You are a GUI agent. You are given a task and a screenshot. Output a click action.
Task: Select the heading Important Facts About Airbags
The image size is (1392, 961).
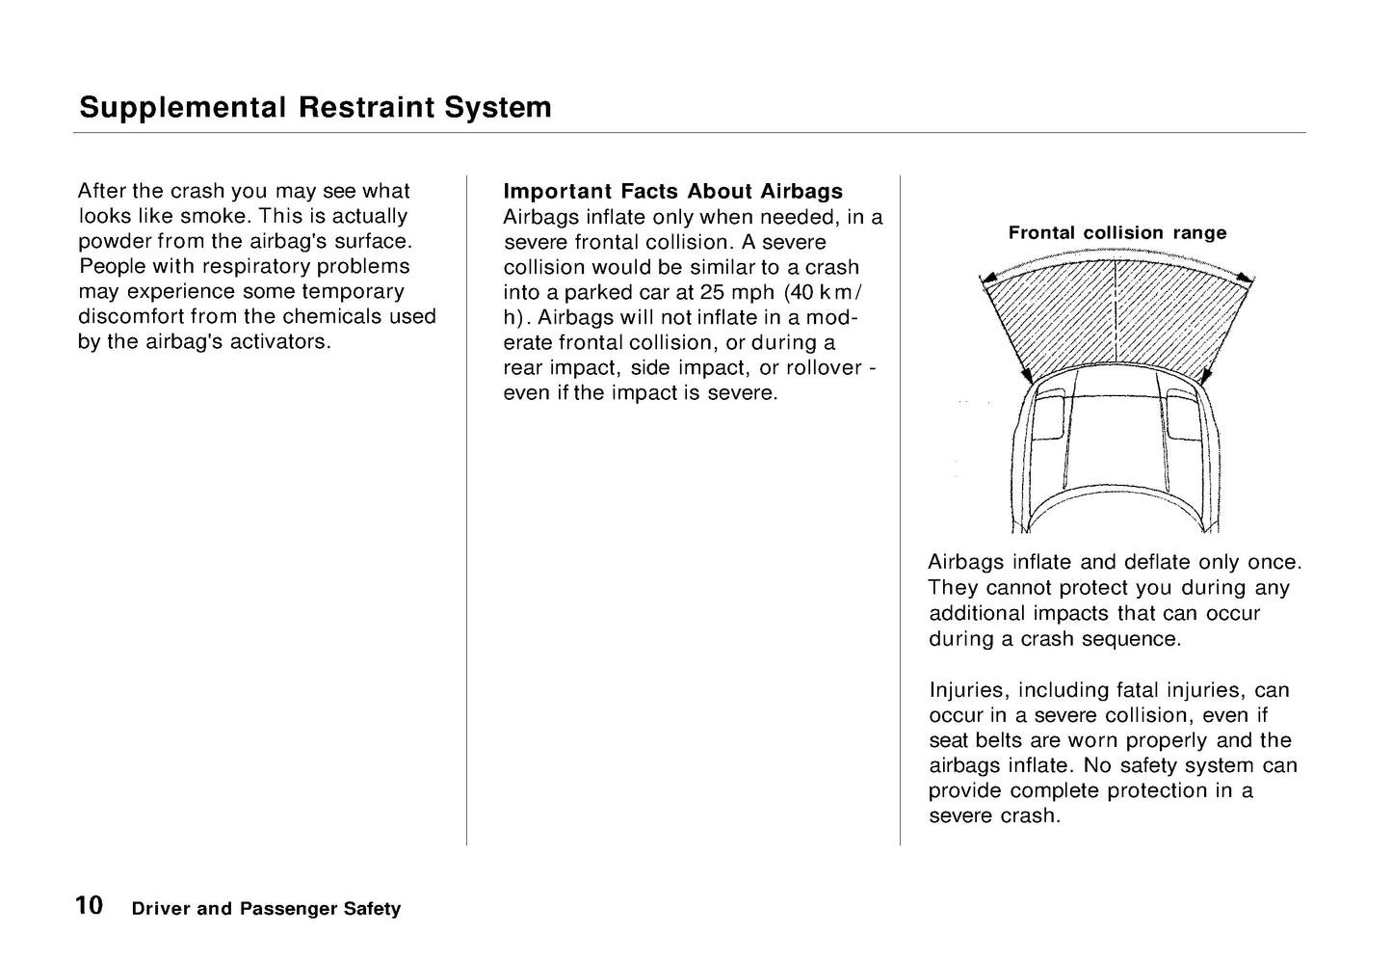coord(672,191)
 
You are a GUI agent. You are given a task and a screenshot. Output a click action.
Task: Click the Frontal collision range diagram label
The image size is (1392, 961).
coord(1117,232)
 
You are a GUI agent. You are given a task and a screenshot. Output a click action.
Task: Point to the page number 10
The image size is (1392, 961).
coord(89,906)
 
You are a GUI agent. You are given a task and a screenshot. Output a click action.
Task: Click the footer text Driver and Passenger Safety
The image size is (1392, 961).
coord(266,909)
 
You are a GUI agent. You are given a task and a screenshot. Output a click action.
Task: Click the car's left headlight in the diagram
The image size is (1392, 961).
coord(1049,414)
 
